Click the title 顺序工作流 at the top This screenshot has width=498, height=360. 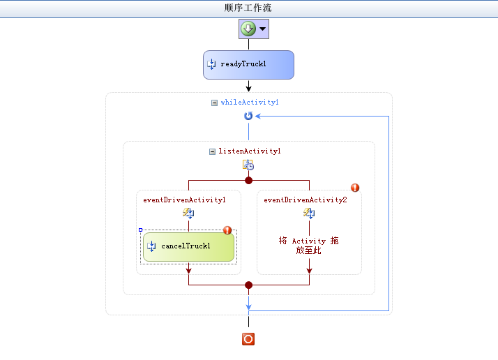point(248,8)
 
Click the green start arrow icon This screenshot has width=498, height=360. point(248,29)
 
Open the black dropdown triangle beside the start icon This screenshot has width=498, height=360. point(263,29)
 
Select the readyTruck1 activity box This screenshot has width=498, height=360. point(248,65)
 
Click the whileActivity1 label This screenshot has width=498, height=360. point(250,103)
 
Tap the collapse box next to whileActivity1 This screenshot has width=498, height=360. point(214,103)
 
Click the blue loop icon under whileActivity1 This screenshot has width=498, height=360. point(248,116)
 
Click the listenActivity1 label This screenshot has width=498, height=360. point(250,151)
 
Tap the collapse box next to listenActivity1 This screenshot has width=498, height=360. point(212,151)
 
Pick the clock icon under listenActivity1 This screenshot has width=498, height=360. point(248,165)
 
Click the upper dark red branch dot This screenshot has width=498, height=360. point(249,181)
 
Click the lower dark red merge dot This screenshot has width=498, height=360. point(249,285)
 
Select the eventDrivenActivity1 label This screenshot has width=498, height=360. point(185,200)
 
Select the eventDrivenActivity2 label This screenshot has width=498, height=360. point(305,200)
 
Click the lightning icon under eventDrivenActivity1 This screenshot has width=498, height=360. point(188,213)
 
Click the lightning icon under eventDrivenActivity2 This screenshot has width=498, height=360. point(309,213)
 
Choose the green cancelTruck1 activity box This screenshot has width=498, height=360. point(188,247)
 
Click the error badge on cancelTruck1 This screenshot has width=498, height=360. point(227,230)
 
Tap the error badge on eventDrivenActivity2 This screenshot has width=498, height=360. point(355,188)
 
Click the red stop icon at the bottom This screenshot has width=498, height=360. point(248,339)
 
